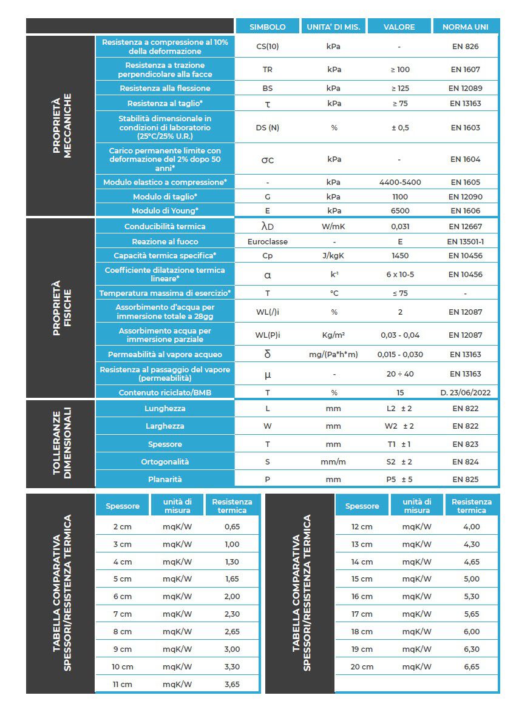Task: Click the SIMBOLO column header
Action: tap(268, 27)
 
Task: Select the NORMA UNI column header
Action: tap(466, 27)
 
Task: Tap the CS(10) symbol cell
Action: tap(268, 47)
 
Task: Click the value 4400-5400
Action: tap(399, 182)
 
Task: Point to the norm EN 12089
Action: tap(465, 88)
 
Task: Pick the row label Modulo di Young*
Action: tap(165, 211)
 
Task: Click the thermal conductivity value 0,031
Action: tap(399, 226)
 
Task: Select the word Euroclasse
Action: tap(268, 241)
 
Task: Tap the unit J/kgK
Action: tap(333, 256)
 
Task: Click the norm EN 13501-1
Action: tap(465, 241)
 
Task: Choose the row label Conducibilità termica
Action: tap(165, 226)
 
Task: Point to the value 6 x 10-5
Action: tap(399, 274)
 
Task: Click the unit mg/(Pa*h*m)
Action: tap(333, 354)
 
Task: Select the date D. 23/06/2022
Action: tap(465, 392)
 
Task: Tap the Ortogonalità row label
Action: tap(165, 461)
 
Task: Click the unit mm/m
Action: tap(333, 461)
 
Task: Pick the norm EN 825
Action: tap(465, 479)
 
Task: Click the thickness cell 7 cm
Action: tap(122, 614)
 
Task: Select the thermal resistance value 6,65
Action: tap(472, 666)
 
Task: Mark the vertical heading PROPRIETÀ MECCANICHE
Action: tap(61, 126)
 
